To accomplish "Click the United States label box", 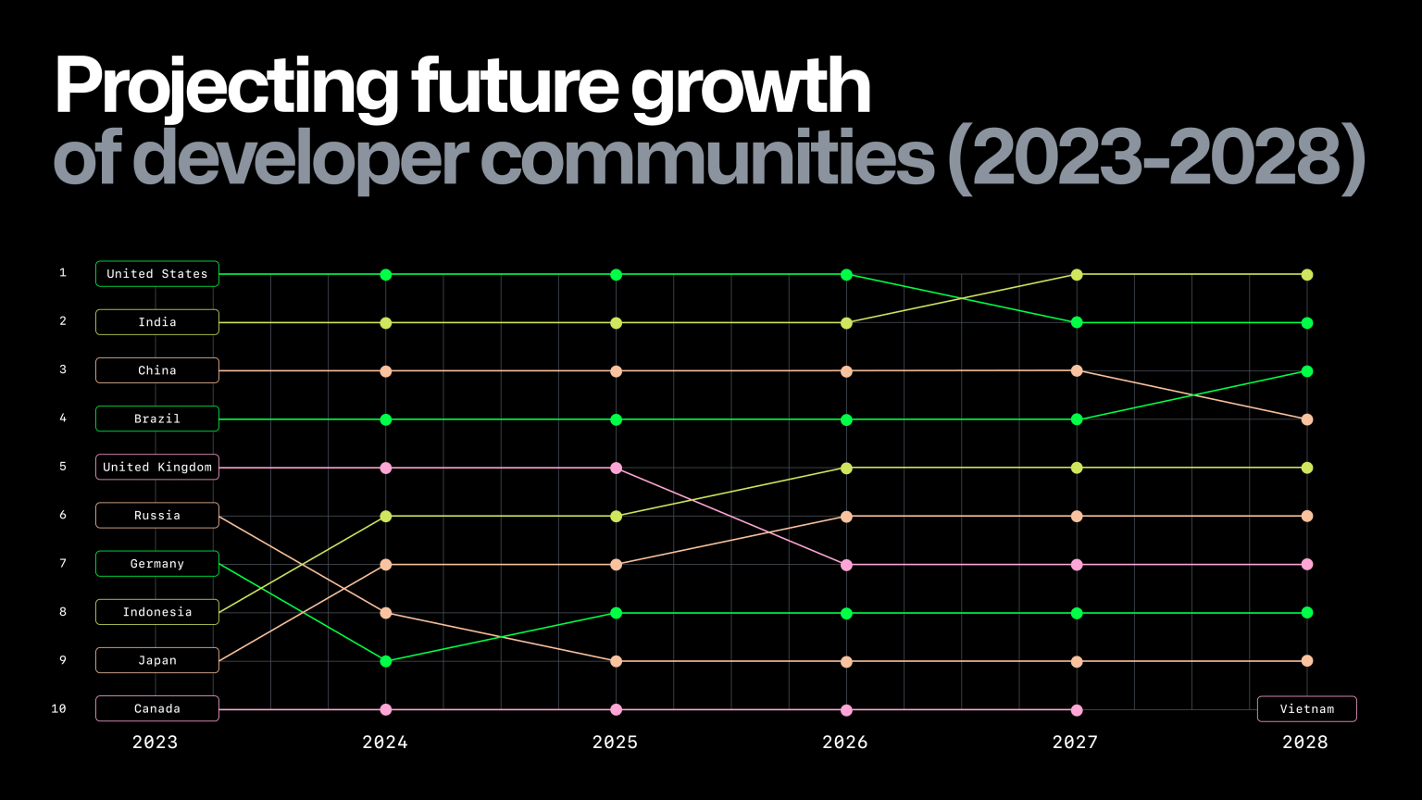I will click(157, 274).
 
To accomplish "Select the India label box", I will click(157, 322).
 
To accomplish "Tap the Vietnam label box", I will click(1306, 709).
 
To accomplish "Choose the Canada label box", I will click(157, 709).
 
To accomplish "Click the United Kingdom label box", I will click(157, 468).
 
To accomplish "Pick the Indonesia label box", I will click(157, 612).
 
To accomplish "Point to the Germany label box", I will click(157, 564).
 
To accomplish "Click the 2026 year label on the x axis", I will click(845, 743).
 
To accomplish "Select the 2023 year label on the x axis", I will click(155, 743).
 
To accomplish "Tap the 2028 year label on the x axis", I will click(1305, 743).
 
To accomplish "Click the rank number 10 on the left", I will click(59, 709).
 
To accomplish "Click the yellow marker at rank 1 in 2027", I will click(1077, 275).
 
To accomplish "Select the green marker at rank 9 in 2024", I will click(386, 661).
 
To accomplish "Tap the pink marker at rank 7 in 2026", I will click(846, 565).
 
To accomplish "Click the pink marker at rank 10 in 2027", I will click(1077, 710).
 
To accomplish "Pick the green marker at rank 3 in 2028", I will click(1307, 371).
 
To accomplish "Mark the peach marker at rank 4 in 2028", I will click(1307, 419).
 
